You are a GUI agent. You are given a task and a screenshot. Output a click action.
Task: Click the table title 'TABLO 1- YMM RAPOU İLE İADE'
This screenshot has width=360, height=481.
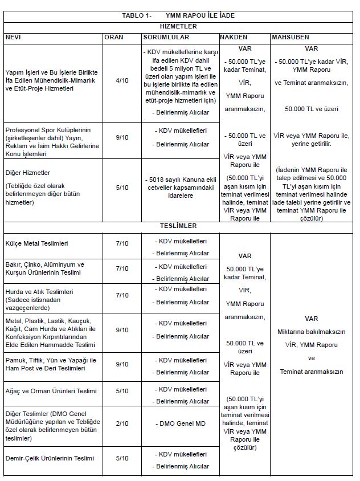[178, 15]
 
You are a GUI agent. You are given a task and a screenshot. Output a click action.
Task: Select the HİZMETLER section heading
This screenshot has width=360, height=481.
[178, 26]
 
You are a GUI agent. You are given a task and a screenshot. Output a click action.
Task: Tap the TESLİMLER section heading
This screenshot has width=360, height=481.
[178, 226]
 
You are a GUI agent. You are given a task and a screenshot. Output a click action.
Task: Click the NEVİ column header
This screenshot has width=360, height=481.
[14, 37]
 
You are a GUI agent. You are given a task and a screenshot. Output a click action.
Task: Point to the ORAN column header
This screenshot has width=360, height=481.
[114, 37]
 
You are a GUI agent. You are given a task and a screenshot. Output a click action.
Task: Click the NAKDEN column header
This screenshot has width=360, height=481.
[234, 37]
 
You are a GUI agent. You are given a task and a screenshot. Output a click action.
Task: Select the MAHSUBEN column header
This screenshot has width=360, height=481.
[291, 37]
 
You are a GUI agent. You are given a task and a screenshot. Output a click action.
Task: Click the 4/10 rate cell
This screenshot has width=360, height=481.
[122, 80]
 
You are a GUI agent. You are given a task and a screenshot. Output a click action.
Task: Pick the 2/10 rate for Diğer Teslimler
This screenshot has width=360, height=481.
[122, 423]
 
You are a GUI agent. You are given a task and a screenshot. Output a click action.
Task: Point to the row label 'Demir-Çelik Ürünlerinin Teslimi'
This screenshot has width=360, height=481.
[50, 458]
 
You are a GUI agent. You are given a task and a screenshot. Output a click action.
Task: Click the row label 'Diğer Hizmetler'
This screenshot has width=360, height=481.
[28, 173]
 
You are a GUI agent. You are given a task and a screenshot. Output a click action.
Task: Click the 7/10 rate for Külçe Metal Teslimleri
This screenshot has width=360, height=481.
[122, 243]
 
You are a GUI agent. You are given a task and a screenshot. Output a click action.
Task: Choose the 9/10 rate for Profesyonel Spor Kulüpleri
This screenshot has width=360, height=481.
[122, 137]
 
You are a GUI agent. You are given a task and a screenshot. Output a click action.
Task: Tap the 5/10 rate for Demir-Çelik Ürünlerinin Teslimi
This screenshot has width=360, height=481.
[122, 458]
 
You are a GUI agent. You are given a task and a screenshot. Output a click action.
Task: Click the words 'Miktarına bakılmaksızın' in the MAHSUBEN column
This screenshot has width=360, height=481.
[311, 331]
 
